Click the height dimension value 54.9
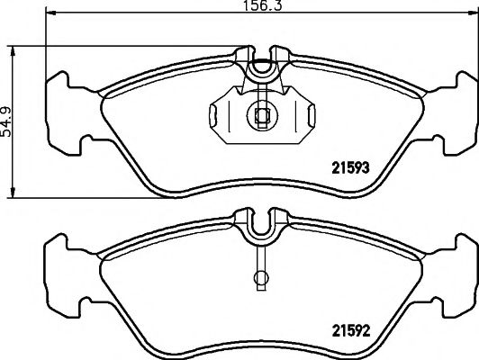[9, 119]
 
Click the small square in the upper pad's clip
[259, 114]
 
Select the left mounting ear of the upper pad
[62, 108]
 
